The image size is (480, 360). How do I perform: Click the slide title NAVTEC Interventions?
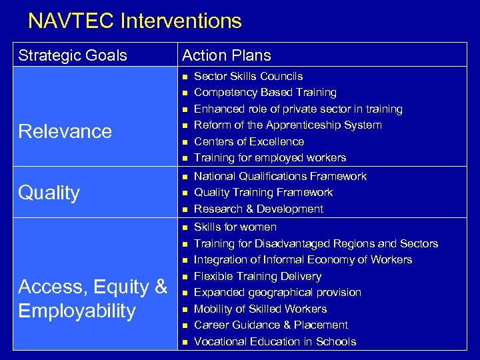pyautogui.click(x=135, y=21)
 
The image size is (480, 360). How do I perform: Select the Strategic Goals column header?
pyautogui.click(x=73, y=55)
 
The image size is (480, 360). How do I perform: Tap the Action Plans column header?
pyautogui.click(x=227, y=55)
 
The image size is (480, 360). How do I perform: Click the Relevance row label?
pyautogui.click(x=65, y=131)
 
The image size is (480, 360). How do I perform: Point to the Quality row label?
pyautogui.click(x=49, y=193)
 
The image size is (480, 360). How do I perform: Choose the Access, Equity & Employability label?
pyautogui.click(x=93, y=299)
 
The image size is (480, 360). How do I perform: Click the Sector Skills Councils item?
pyautogui.click(x=248, y=77)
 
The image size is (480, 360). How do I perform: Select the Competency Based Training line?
pyautogui.click(x=265, y=93)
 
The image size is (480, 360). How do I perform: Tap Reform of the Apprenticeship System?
pyautogui.click(x=287, y=125)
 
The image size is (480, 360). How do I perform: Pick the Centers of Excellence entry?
pyautogui.click(x=249, y=141)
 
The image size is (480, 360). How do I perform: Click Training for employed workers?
pyautogui.click(x=269, y=158)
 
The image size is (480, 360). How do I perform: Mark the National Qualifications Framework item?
pyautogui.click(x=280, y=177)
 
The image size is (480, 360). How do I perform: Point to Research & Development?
pyautogui.click(x=258, y=209)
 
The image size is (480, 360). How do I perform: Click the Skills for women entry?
pyautogui.click(x=234, y=227)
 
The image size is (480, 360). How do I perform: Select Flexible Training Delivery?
pyautogui.click(x=257, y=276)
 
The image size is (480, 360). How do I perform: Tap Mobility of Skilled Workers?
pyautogui.click(x=260, y=309)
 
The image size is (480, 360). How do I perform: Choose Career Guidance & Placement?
pyautogui.click(x=271, y=325)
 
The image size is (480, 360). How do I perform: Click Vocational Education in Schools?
pyautogui.click(x=275, y=341)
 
